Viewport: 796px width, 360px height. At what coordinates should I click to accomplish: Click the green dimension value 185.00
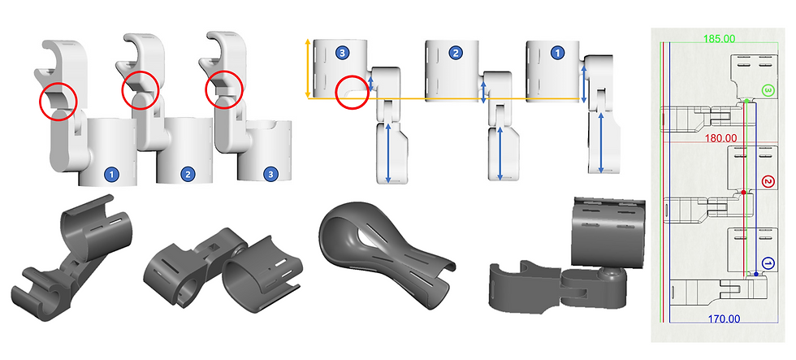[x=719, y=38]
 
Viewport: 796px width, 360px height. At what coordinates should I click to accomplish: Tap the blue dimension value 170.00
[x=724, y=319]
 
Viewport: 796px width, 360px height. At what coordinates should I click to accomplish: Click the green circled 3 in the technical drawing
[x=768, y=91]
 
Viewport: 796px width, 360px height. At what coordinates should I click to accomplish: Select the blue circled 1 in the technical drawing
[x=768, y=263]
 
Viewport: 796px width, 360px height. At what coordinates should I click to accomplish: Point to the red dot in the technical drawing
[x=743, y=193]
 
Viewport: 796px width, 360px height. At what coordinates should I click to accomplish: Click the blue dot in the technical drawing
[x=756, y=274]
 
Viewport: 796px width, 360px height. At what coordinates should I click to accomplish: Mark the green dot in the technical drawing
[x=746, y=101]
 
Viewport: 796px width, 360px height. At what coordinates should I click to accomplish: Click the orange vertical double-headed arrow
[x=307, y=68]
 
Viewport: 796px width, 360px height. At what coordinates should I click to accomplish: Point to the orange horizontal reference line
[x=444, y=98]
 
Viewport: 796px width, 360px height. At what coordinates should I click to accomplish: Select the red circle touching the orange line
[x=353, y=92]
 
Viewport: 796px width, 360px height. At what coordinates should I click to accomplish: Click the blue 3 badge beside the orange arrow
[x=343, y=52]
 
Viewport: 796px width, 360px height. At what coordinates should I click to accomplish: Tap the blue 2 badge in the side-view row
[x=456, y=52]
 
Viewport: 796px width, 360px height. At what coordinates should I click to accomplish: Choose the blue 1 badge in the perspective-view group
[x=111, y=175]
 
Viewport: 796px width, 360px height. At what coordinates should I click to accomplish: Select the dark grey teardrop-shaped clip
[x=385, y=254]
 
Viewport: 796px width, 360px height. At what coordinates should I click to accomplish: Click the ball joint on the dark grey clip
[x=608, y=274]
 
